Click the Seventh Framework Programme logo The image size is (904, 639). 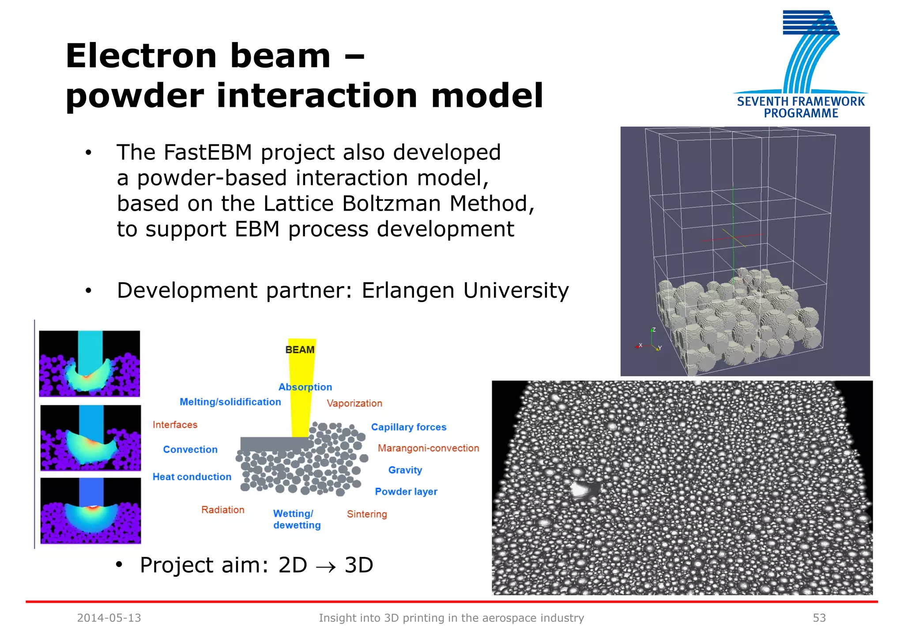(800, 64)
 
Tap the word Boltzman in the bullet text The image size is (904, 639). (391, 204)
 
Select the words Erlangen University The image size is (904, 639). (465, 291)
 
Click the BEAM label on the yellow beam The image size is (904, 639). (300, 350)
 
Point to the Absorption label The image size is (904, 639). (305, 387)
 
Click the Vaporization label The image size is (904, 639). (354, 403)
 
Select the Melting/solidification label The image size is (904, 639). (230, 402)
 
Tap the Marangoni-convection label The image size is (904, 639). (428, 448)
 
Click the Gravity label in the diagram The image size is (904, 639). (405, 470)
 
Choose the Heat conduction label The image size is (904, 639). (192, 477)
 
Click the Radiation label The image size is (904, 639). (222, 510)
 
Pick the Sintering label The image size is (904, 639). (366, 514)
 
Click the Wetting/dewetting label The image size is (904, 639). (296, 519)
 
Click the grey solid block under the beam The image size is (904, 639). (274, 444)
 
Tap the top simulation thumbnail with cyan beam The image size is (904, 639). (90, 363)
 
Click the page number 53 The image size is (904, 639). (819, 618)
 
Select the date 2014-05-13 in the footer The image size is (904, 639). (109, 618)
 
